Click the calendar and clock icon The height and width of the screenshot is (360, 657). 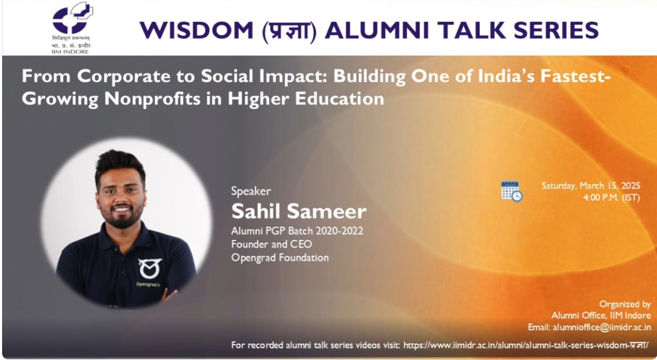point(512,191)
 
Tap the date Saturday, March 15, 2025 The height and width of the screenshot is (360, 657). point(591,186)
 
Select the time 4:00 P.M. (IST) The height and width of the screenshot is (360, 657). point(611,198)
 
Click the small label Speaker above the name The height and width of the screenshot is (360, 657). point(251,191)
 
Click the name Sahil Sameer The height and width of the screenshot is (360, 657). point(298,211)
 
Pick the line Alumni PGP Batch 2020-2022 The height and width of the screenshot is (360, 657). point(297,231)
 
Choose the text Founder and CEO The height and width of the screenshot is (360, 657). point(272,244)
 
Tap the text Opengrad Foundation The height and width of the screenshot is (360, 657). point(280,258)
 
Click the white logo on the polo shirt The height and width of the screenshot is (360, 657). point(150,269)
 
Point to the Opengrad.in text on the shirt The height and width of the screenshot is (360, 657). point(148,284)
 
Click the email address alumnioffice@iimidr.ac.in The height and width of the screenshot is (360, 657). point(602,327)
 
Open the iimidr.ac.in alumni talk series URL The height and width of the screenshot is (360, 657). point(526,345)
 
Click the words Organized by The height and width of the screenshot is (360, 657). point(625,304)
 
